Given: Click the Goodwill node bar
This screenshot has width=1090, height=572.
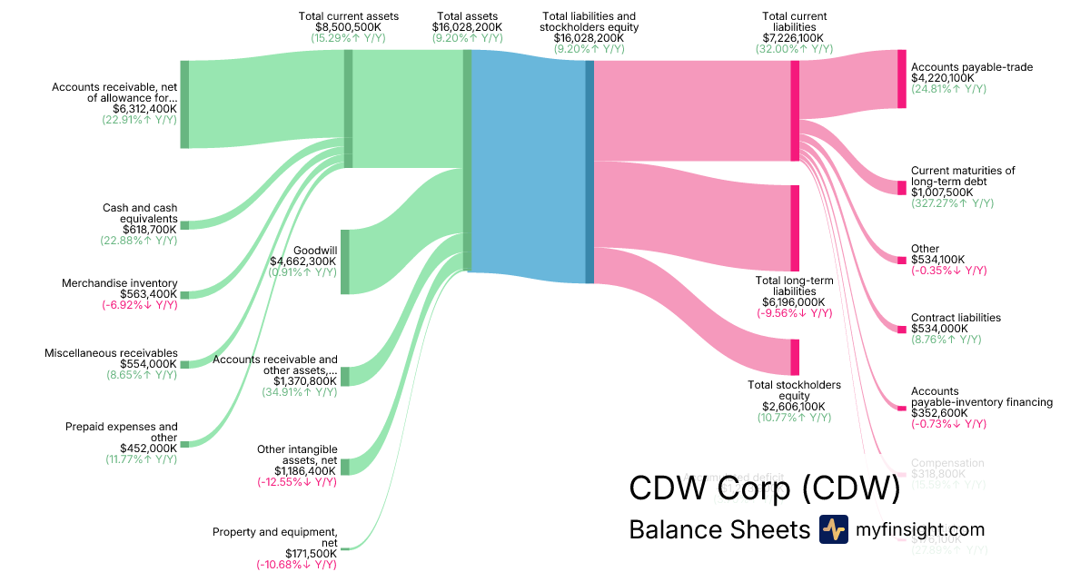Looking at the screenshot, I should pyautogui.click(x=345, y=262).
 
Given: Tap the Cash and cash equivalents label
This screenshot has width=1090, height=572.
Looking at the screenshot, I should pyautogui.click(x=139, y=213).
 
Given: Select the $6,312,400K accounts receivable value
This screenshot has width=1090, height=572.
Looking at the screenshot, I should pyautogui.click(x=144, y=108).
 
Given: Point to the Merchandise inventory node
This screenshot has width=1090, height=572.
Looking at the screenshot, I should pyautogui.click(x=184, y=295).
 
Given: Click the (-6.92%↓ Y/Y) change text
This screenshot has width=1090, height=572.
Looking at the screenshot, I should pyautogui.click(x=139, y=305).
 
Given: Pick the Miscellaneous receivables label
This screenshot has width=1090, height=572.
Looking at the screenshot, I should pyautogui.click(x=111, y=353).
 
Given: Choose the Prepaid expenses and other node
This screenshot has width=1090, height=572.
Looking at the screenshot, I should pyautogui.click(x=184, y=444).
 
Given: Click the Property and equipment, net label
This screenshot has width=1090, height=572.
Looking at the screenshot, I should pyautogui.click(x=274, y=537).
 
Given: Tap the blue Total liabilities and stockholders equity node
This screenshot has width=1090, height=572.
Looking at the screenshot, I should pyautogui.click(x=590, y=172).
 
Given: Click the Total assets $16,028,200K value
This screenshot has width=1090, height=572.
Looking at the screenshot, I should pyautogui.click(x=467, y=27).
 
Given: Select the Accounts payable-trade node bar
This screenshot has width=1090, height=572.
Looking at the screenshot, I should pyautogui.click(x=902, y=79).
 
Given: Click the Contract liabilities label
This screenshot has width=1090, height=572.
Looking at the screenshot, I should pyautogui.click(x=956, y=318).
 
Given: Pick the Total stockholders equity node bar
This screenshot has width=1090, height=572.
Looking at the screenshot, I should pyautogui.click(x=795, y=357).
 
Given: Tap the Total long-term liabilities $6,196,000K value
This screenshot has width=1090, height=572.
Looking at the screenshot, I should pyautogui.click(x=794, y=302).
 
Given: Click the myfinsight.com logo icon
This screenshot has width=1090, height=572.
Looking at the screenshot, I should pyautogui.click(x=833, y=529).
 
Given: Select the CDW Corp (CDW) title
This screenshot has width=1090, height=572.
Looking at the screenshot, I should pyautogui.click(x=764, y=489).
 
